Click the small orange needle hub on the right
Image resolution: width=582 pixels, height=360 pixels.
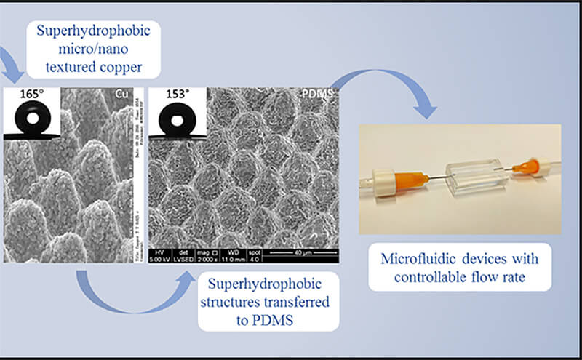[521, 167]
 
